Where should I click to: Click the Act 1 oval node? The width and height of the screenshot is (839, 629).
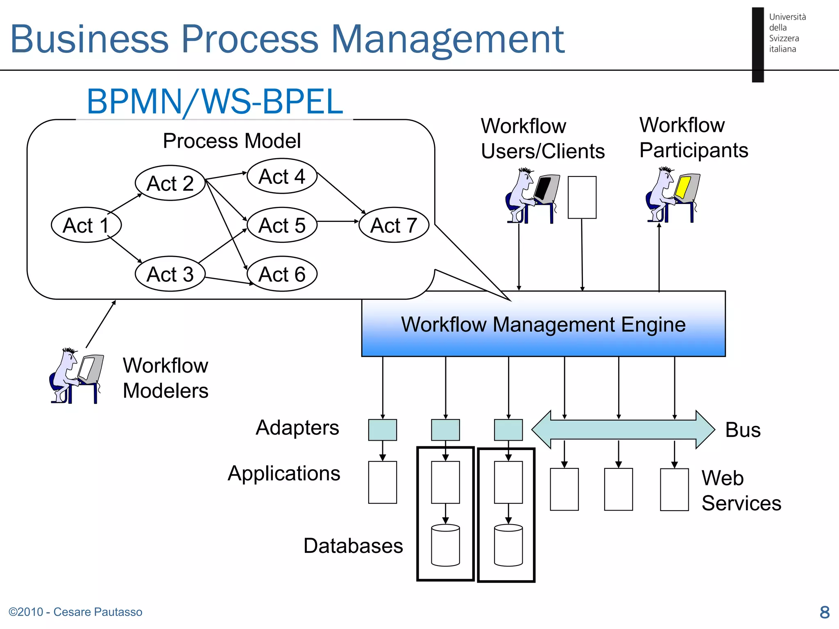tap(86, 225)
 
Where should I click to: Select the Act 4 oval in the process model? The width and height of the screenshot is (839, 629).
tap(282, 176)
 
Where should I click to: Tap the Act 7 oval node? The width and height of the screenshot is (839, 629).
tap(394, 225)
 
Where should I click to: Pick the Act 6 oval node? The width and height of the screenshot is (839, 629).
tap(282, 274)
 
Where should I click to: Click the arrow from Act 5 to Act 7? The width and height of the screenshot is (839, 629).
tap(338, 222)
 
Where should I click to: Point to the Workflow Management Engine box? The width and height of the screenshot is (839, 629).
tap(543, 324)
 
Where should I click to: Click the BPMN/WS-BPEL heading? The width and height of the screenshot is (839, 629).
tap(215, 102)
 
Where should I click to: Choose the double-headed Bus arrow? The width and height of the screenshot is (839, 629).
tap(623, 430)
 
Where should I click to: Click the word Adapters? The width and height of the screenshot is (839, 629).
tap(297, 428)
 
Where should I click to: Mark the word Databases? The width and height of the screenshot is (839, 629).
tap(353, 546)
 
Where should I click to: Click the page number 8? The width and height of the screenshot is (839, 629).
tap(824, 612)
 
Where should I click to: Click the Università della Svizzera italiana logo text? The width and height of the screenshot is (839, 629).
tap(787, 33)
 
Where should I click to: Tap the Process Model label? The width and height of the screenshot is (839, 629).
tap(231, 141)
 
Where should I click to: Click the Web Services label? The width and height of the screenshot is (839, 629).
tap(741, 490)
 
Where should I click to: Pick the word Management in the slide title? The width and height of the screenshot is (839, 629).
tap(447, 39)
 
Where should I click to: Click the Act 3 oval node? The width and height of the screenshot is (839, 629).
tap(170, 274)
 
